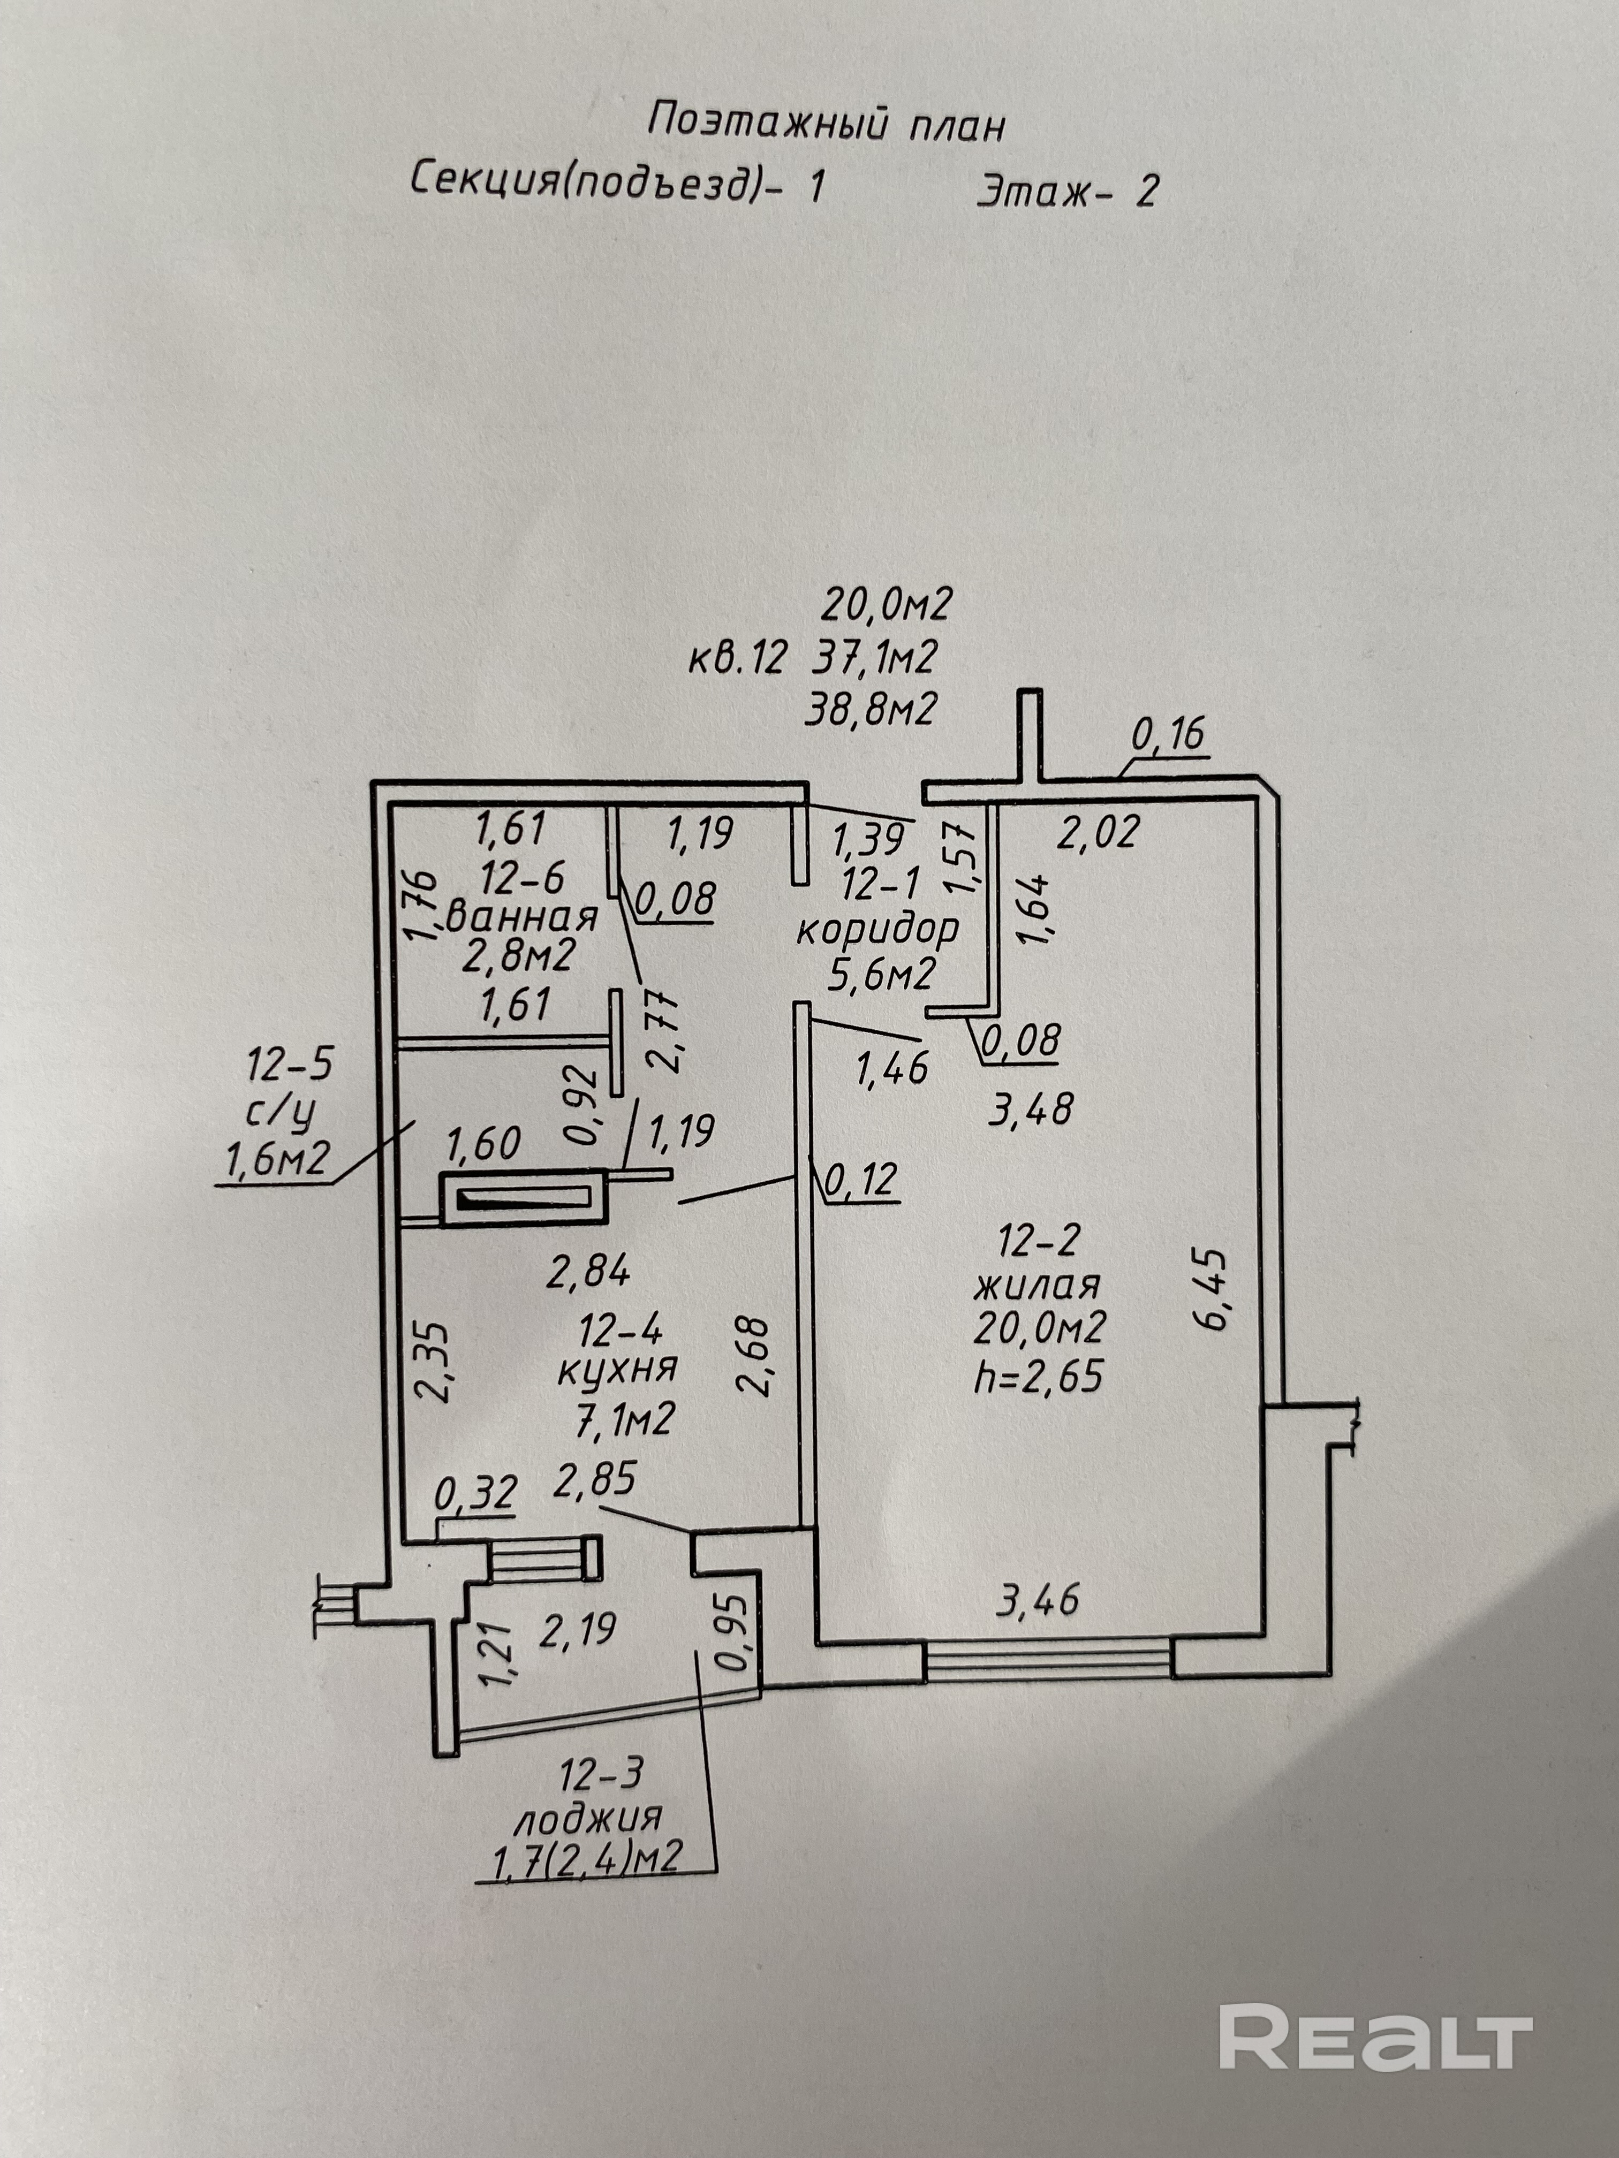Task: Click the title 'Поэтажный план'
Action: coord(826,125)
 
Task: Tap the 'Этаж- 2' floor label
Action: coord(1066,190)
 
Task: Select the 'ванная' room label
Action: coord(522,918)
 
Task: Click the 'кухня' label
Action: coord(617,1370)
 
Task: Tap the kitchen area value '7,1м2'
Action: coord(625,1420)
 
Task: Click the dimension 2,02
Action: coord(1099,832)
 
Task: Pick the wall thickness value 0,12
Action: coord(860,1181)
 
